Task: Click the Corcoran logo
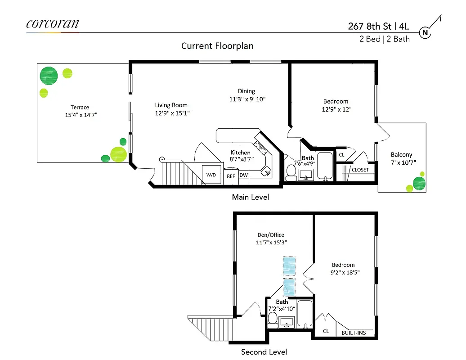point(53,24)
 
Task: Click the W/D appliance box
point(211,175)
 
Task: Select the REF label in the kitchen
point(231,176)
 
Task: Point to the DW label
point(243,175)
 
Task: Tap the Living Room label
point(171,105)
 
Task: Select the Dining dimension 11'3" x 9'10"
point(247,99)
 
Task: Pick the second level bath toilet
point(272,319)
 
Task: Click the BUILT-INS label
point(353,333)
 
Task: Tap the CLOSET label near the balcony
point(360,170)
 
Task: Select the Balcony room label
point(401,154)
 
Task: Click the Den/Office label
point(270,234)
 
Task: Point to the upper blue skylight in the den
point(288,265)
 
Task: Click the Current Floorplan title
point(217,46)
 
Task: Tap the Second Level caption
point(264,352)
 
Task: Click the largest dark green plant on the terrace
point(49,76)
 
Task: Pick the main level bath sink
point(309,175)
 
